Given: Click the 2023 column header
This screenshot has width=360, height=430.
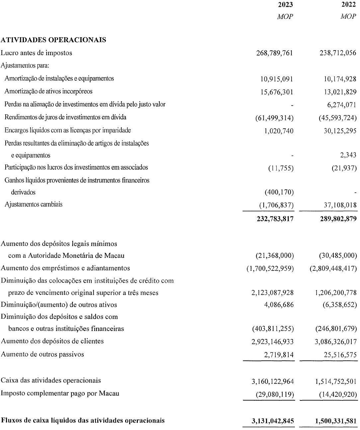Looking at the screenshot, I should pyautogui.click(x=285, y=5).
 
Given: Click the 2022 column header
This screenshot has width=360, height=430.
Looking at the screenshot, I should pyautogui.click(x=348, y=5).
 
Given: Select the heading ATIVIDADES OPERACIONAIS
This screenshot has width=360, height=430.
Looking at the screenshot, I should pyautogui.click(x=53, y=40).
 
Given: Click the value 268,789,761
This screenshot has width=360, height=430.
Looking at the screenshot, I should pyautogui.click(x=275, y=53).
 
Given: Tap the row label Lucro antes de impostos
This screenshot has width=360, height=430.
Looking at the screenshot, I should pyautogui.click(x=37, y=53).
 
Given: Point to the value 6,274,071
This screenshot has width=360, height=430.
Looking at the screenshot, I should pyautogui.click(x=342, y=105).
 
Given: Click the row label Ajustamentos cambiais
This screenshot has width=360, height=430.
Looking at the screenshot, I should pyautogui.click(x=34, y=204).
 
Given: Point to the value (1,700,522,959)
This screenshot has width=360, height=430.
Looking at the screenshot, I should pyautogui.click(x=270, y=269).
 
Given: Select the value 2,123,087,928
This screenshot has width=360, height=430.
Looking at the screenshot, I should pyautogui.click(x=273, y=293).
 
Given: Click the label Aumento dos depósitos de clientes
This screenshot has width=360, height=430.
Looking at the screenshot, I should pyautogui.click(x=52, y=341).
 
